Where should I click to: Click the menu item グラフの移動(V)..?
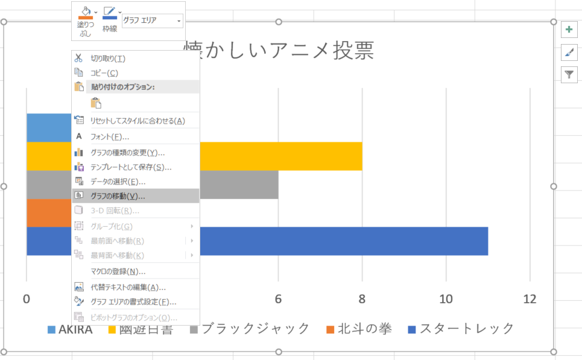[x=118, y=196]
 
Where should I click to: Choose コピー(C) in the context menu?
[x=104, y=73]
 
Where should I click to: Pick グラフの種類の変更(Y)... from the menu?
[x=127, y=153]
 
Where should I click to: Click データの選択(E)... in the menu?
[x=118, y=182]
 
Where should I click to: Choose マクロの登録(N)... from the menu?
[x=118, y=271]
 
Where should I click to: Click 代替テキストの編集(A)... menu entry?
[x=128, y=287]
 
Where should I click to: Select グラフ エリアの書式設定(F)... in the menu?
[x=133, y=302]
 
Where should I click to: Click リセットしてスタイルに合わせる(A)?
[x=138, y=121]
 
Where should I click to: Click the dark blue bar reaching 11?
[x=344, y=241]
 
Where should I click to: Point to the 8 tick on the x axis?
[x=362, y=299]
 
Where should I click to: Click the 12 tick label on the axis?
[x=529, y=299]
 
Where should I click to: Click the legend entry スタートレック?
[x=466, y=329]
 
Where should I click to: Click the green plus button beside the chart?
[x=569, y=30]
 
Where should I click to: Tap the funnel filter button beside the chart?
[x=569, y=74]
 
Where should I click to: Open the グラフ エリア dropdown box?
[x=153, y=21]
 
